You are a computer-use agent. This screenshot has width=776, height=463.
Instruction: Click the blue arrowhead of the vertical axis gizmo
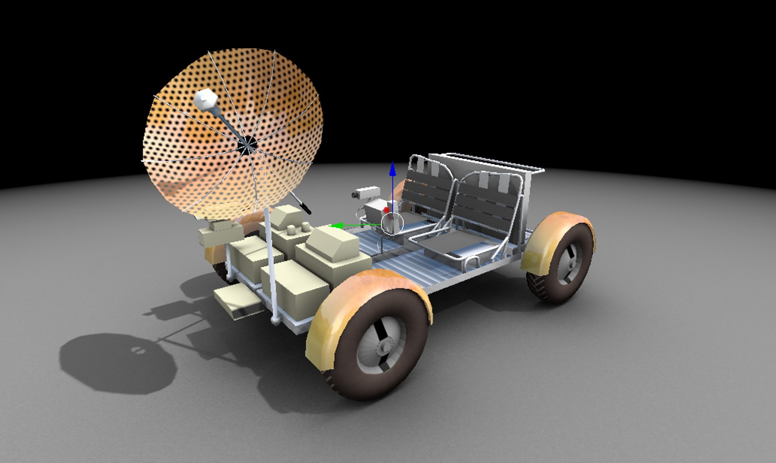392,169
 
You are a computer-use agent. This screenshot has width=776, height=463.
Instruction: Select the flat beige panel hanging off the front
236,300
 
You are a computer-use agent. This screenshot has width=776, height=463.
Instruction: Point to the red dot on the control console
386,210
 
